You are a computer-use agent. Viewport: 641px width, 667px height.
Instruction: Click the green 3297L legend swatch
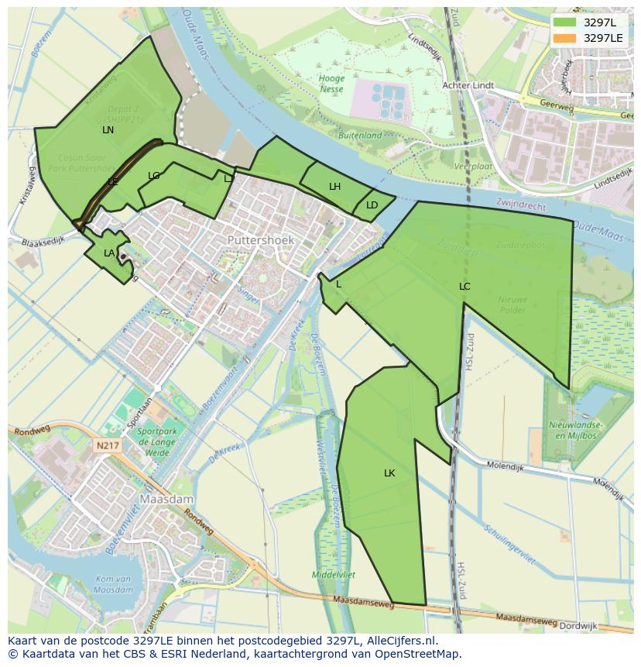pyautogui.click(x=565, y=22)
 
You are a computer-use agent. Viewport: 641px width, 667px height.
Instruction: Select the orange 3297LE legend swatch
pyautogui.click(x=565, y=38)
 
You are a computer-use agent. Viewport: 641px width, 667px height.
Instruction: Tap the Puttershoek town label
pyautogui.click(x=261, y=241)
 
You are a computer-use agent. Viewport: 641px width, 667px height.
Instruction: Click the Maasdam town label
pyautogui.click(x=166, y=500)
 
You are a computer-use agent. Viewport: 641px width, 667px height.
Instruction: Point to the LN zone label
pyautogui.click(x=108, y=130)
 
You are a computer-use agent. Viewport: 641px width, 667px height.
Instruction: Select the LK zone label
pyautogui.click(x=389, y=473)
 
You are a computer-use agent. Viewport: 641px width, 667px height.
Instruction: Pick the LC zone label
pyautogui.click(x=464, y=287)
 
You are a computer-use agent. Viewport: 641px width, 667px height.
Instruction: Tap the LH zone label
pyautogui.click(x=334, y=187)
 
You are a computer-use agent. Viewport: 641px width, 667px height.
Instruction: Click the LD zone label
pyautogui.click(x=372, y=205)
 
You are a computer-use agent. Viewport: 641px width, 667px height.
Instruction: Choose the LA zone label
pyautogui.click(x=109, y=253)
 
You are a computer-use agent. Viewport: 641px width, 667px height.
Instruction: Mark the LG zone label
pyautogui.click(x=154, y=176)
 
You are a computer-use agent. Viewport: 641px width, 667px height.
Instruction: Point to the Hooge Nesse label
pyautogui.click(x=331, y=84)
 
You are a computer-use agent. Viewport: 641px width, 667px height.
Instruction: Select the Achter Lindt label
pyautogui.click(x=468, y=85)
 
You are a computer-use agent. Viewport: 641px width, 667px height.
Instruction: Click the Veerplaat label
pyautogui.click(x=473, y=167)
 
